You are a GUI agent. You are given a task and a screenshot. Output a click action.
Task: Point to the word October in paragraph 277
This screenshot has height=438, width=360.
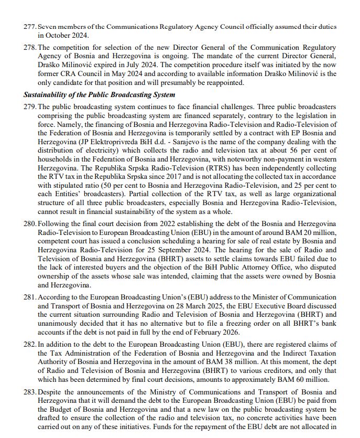(x=58, y=36)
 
